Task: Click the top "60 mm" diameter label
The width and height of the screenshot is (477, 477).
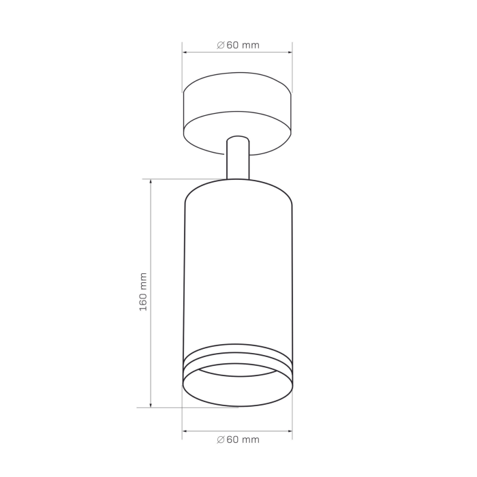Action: click(243, 45)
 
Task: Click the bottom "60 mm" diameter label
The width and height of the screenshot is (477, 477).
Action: click(243, 440)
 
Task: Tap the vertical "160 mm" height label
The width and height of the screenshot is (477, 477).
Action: click(143, 292)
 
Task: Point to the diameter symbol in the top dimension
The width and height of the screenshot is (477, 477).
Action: click(221, 46)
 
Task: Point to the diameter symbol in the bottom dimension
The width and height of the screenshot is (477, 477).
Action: click(221, 440)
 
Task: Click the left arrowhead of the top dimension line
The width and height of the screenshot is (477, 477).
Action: click(185, 52)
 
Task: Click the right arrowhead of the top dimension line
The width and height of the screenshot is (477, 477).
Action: click(290, 52)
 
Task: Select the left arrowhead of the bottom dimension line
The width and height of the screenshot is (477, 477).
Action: click(185, 431)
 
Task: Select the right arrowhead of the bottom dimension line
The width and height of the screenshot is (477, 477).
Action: click(290, 431)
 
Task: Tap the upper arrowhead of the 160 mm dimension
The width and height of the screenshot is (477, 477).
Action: click(151, 182)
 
